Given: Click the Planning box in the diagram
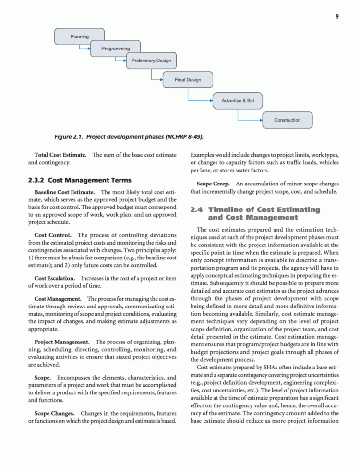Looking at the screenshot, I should (79, 37).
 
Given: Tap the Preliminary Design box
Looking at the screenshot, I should (151, 61).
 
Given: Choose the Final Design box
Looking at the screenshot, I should (188, 80).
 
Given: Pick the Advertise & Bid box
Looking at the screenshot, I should (238, 101).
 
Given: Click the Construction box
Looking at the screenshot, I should (288, 120).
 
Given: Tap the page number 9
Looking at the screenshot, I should (337, 17).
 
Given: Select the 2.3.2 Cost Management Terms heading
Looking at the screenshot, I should (79, 180).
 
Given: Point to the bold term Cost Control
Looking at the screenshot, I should (53, 235).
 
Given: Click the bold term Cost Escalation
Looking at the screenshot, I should (54, 279).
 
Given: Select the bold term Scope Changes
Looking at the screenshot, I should (54, 413).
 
